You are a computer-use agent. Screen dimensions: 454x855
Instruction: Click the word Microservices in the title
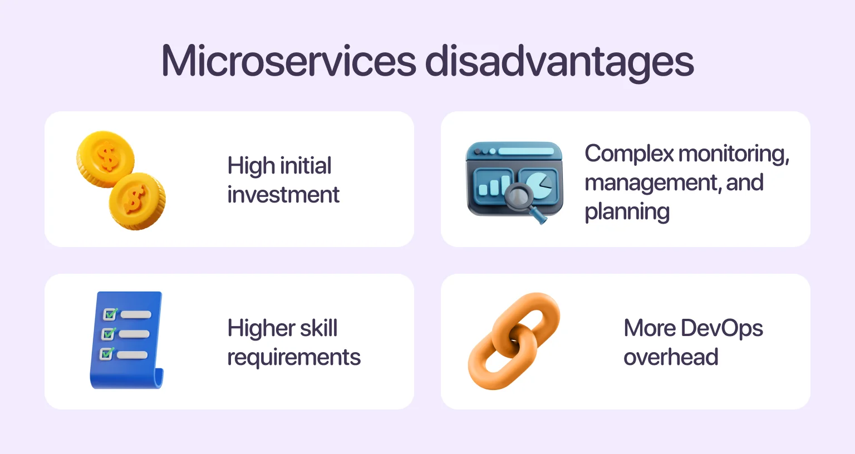288,61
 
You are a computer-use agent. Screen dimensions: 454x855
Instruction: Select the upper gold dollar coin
106,159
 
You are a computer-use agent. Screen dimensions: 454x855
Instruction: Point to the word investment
283,195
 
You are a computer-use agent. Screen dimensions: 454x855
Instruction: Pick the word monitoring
734,154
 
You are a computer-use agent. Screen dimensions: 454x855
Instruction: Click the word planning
627,211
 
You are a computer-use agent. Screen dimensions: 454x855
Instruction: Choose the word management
652,183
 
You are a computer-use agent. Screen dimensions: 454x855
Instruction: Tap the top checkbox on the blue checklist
110,314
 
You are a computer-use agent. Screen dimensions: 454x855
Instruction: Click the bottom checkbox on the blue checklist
106,354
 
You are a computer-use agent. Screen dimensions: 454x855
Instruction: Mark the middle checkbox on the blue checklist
108,334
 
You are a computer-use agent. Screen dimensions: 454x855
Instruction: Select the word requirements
294,357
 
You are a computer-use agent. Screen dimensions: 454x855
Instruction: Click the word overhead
671,357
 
